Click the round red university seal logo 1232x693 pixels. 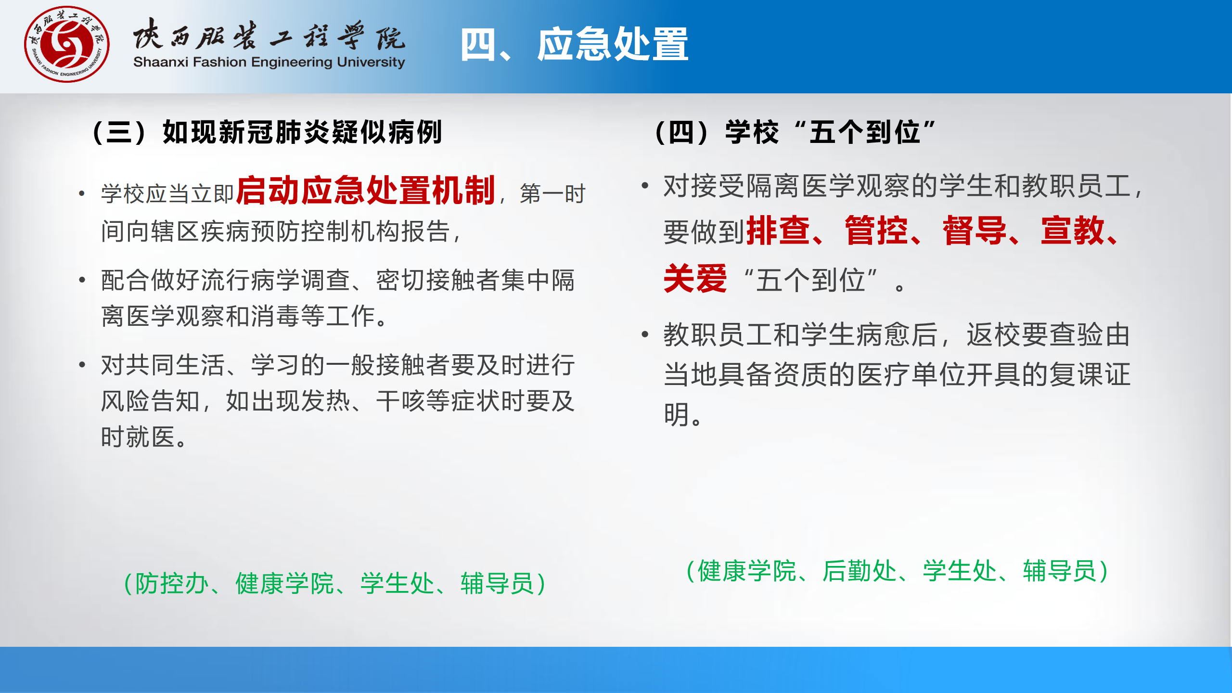[67, 44]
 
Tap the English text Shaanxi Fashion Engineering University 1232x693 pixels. [269, 63]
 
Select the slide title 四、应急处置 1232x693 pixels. [574, 44]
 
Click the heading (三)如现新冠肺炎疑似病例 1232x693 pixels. [267, 132]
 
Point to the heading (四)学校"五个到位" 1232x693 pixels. [796, 132]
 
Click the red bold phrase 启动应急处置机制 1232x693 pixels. [366, 191]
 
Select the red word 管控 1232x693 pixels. [876, 231]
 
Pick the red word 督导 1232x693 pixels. [975, 231]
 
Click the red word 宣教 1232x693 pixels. [1073, 231]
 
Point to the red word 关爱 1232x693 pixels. [695, 279]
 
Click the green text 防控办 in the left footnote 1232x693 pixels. [172, 584]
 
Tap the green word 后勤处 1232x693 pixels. [860, 571]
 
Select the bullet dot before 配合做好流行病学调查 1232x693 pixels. [82, 280]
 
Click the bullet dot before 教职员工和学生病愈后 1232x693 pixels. [645, 334]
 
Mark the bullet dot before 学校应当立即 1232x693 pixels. [82, 194]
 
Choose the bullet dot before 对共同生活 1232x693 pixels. [82, 364]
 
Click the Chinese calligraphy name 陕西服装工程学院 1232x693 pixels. [269, 35]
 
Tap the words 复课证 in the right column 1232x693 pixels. [1090, 374]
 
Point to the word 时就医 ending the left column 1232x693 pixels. [138, 437]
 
